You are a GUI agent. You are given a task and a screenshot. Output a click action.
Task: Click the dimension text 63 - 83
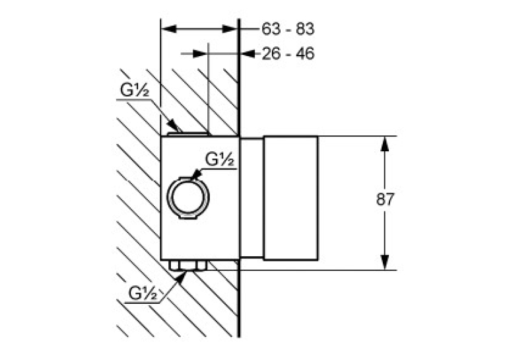288,29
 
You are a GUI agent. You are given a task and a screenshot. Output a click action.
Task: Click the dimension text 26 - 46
288,54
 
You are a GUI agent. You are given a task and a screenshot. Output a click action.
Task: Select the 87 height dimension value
385,199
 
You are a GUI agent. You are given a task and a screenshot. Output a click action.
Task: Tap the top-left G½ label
135,90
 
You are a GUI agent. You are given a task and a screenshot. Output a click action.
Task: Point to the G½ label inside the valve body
220,159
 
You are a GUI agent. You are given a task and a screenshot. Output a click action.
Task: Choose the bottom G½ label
143,293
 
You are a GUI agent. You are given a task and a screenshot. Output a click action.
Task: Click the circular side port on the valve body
188,198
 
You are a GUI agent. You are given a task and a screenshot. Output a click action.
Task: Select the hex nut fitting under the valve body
187,266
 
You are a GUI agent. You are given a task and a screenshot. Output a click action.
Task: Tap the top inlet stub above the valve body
188,133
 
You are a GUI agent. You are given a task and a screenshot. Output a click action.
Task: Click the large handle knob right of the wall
291,198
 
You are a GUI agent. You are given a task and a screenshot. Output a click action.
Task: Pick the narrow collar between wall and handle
252,198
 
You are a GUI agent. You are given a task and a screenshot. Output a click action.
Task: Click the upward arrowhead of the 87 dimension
385,144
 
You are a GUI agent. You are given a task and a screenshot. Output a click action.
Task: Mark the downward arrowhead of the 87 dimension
385,262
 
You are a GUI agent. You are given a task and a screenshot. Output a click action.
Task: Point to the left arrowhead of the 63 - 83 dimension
168,29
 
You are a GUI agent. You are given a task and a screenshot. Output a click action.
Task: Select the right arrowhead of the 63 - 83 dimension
230,29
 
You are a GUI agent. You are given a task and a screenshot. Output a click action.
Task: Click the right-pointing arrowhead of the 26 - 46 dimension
199,54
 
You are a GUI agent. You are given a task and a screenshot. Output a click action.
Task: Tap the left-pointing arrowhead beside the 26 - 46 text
248,54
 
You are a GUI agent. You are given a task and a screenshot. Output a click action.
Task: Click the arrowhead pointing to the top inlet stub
172,125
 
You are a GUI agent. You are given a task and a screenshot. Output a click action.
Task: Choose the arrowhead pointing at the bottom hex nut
182,277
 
